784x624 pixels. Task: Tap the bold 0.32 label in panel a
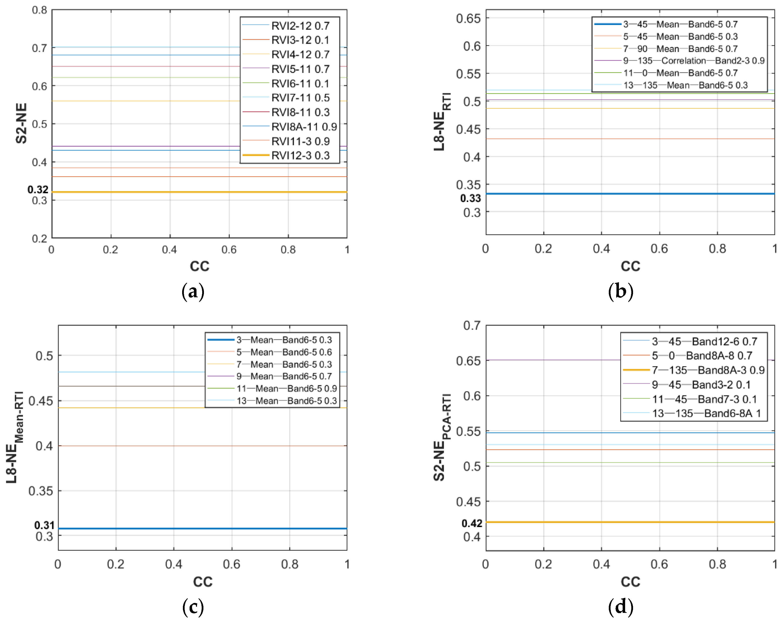coord(38,189)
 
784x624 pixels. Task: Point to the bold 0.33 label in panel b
coord(470,198)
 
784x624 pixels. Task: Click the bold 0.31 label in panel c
coord(44,525)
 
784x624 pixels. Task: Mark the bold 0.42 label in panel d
coord(472,523)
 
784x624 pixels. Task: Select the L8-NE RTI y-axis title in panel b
coord(442,122)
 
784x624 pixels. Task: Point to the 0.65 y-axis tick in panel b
coord(468,18)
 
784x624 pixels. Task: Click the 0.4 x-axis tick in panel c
coord(173,564)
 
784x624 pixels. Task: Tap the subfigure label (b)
coord(620,292)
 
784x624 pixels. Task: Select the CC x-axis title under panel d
coord(630,582)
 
